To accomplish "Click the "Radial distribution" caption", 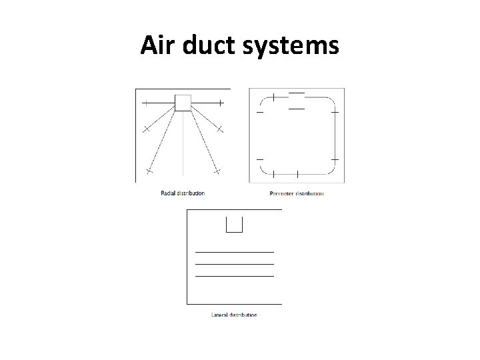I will pos(183,193).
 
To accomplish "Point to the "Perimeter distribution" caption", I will pos(297,193).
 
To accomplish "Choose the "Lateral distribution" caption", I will pos(233,315).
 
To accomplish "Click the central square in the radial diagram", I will pos(183,103).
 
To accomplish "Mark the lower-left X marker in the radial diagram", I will pos(149,172).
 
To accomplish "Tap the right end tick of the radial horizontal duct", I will pos(221,103).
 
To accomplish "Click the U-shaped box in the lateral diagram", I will pos(234,225).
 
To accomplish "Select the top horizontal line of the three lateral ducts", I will pos(234,252).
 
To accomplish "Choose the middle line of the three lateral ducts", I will pos(234,264).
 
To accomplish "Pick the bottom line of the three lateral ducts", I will pos(234,275).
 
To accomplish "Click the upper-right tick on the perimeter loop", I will pos(335,112).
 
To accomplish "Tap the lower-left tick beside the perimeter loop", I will pos(259,160).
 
